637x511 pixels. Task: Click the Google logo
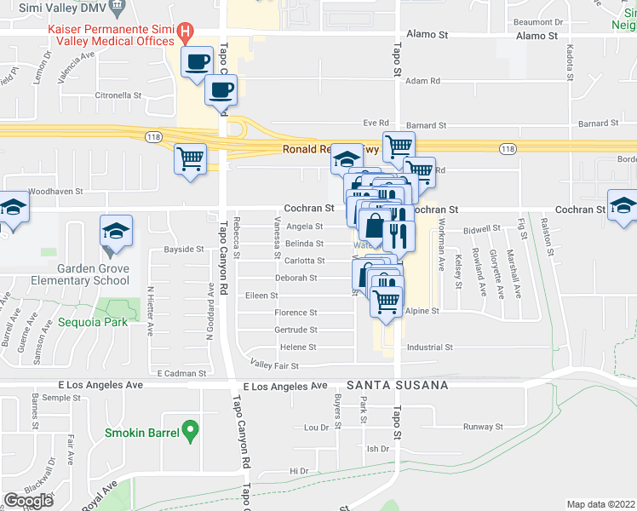(x=28, y=500)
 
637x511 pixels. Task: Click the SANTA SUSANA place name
(x=398, y=385)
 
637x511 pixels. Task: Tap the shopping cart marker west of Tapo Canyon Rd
(x=191, y=158)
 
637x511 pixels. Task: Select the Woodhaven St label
(x=55, y=192)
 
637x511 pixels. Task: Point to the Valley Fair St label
(x=273, y=365)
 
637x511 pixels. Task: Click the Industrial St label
(x=429, y=347)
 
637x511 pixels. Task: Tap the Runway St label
(x=483, y=427)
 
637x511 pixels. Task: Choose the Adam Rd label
(x=422, y=81)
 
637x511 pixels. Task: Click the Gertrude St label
(x=296, y=330)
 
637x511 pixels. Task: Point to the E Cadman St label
(x=181, y=373)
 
